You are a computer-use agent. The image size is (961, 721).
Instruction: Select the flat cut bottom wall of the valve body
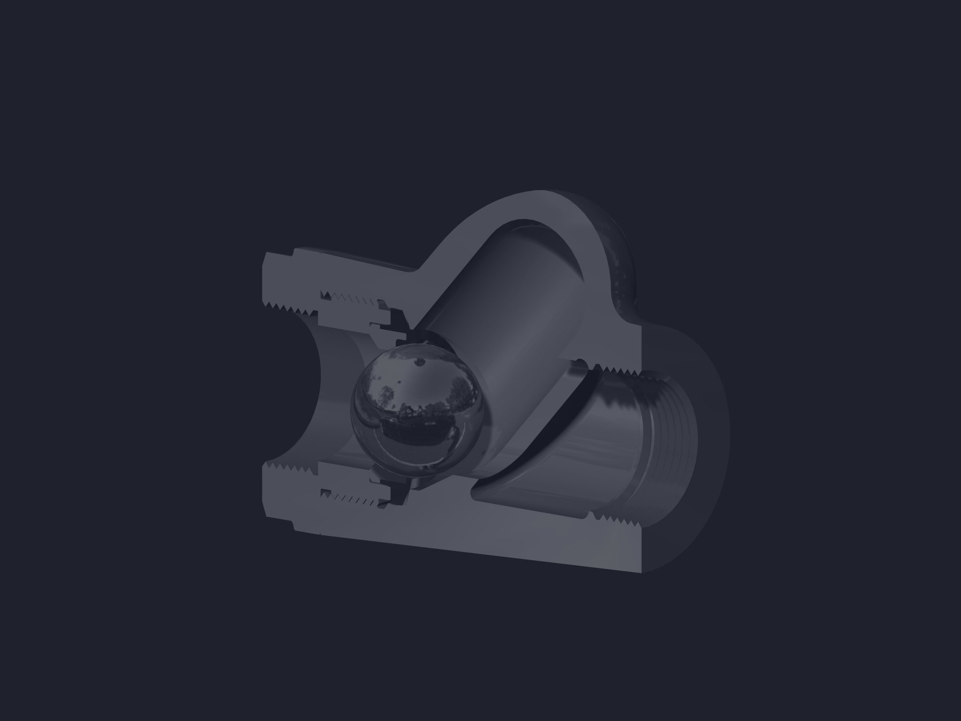click(x=469, y=540)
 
